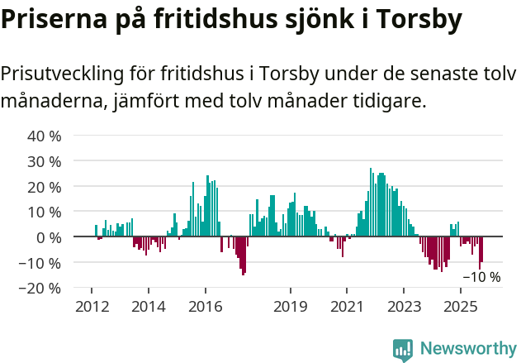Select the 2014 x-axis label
point(148,307)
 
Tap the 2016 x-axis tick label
point(205,307)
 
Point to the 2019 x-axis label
point(290,307)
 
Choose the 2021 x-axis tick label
point(347,307)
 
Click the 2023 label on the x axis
point(404,307)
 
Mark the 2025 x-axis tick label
point(460,307)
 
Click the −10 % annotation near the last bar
point(481,277)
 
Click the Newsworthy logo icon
point(403,349)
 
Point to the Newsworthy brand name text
point(467,349)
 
